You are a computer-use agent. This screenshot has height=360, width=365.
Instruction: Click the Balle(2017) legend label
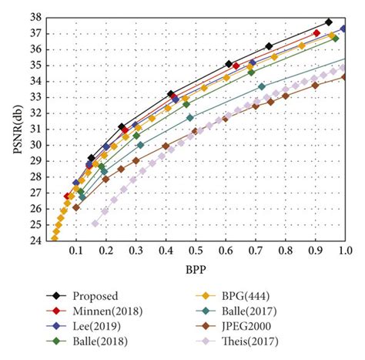pos(249,311)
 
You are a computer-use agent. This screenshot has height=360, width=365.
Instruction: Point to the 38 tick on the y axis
pos(35,17)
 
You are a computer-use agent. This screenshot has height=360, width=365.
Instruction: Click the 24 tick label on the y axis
pos(35,241)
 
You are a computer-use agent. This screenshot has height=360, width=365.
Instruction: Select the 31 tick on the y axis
pos(35,129)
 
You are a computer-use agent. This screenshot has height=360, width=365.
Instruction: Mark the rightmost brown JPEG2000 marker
pos(344,76)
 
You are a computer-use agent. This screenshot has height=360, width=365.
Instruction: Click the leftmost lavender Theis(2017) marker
pos(95,224)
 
